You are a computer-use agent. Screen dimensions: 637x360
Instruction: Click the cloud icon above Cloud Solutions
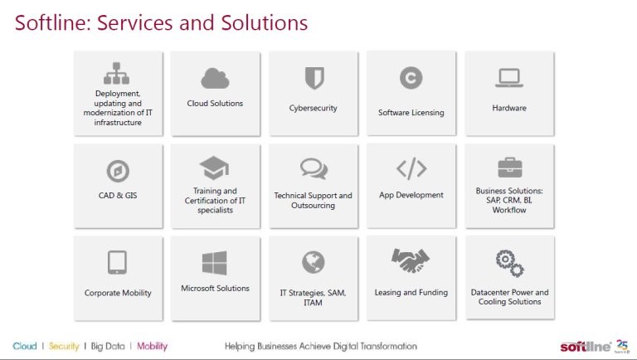pos(215,78)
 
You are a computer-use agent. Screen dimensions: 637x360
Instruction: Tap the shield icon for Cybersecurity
pos(314,78)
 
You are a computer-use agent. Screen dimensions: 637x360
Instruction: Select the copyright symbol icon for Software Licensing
pos(411,78)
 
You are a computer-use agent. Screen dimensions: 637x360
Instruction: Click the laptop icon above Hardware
pos(509,78)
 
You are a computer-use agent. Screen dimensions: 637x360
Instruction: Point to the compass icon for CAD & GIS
pos(118,171)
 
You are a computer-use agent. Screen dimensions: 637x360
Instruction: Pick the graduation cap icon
pos(214,168)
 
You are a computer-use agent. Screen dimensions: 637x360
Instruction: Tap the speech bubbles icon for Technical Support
pos(314,168)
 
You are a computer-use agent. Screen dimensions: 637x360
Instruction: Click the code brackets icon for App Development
pos(411,168)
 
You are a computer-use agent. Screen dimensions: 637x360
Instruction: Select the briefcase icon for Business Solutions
pos(510,168)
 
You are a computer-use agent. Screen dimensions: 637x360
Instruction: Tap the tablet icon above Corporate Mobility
pos(118,262)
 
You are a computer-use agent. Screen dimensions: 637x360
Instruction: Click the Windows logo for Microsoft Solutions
pos(215,263)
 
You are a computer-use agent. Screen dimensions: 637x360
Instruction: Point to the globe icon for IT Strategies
pos(314,262)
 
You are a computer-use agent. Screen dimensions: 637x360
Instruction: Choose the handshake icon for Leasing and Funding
pos(411,260)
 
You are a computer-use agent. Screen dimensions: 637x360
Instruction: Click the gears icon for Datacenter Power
pos(510,263)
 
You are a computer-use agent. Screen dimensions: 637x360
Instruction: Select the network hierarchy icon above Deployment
pos(117,73)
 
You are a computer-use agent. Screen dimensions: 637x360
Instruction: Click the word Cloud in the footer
pos(25,346)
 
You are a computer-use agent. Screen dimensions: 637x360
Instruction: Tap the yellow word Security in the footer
pos(64,346)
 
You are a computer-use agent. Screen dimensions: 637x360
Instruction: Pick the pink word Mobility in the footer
pos(152,346)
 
